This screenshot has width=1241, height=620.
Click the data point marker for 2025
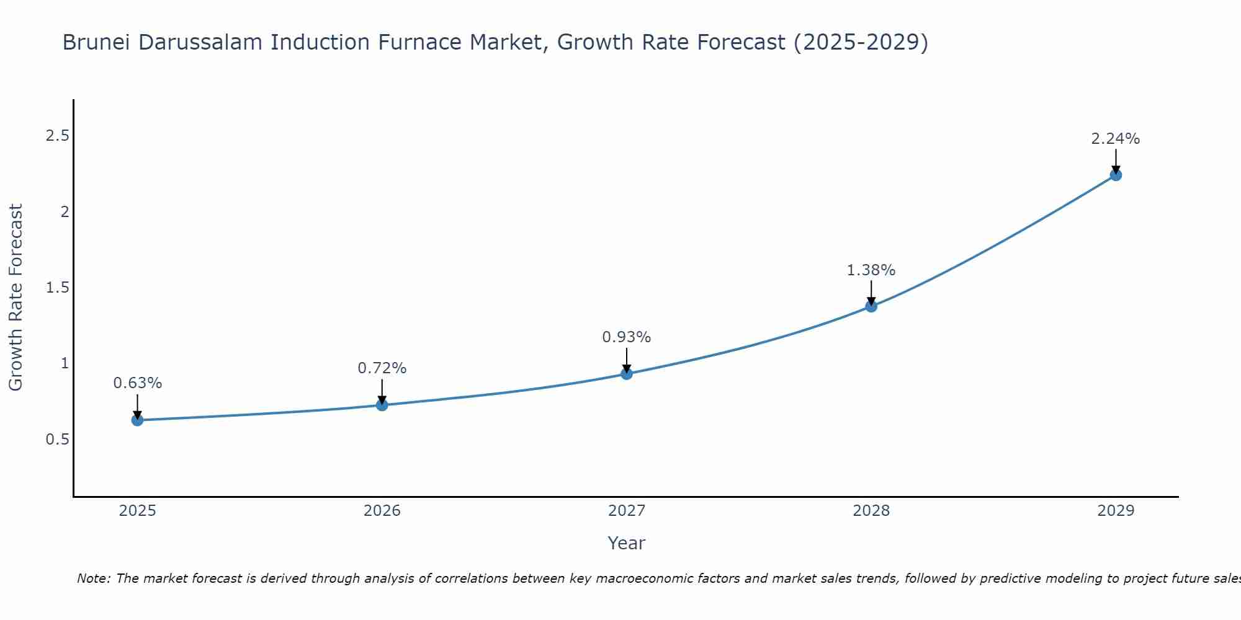137,420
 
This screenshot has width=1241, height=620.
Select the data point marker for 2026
382,405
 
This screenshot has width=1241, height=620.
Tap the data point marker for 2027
627,373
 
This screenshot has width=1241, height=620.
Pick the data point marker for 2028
871,306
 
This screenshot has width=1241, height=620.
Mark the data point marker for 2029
1116,175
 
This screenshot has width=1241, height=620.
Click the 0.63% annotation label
137,383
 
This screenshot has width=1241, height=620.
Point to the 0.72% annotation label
382,368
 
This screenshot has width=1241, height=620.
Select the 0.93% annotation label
627,337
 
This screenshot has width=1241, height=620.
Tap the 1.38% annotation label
871,270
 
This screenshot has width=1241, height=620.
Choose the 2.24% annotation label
1116,139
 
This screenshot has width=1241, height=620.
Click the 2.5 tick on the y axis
57,136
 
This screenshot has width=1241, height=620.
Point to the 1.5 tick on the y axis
57,288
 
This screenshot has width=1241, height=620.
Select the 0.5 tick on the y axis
57,440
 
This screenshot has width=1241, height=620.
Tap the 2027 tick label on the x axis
627,511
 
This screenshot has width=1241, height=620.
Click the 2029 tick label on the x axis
1116,511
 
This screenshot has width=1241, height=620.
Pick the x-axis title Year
627,543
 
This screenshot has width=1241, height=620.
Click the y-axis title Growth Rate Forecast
16,298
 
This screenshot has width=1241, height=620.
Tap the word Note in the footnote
93,578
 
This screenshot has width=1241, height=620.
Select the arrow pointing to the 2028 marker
871,293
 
